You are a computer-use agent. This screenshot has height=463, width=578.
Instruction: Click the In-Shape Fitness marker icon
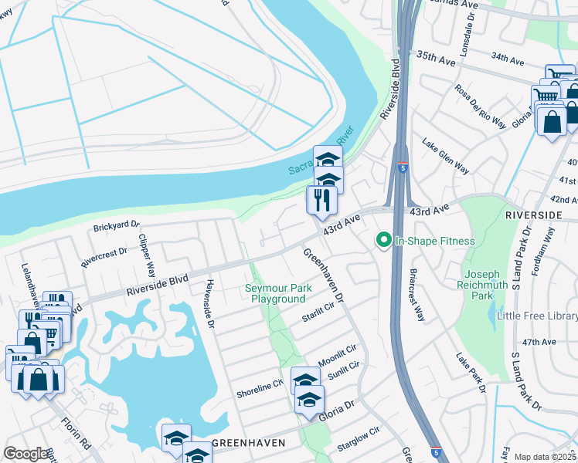382,241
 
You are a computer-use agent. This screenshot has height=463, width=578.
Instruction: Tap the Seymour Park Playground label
276,293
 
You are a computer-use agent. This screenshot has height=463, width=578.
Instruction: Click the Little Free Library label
537,316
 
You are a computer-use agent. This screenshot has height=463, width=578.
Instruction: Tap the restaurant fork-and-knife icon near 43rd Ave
321,200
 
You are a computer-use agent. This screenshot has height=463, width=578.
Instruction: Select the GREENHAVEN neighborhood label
249,443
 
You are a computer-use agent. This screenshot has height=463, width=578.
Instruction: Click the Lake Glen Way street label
445,155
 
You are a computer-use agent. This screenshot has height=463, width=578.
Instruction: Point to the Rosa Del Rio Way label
480,106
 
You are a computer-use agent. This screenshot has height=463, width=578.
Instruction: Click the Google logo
25,454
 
